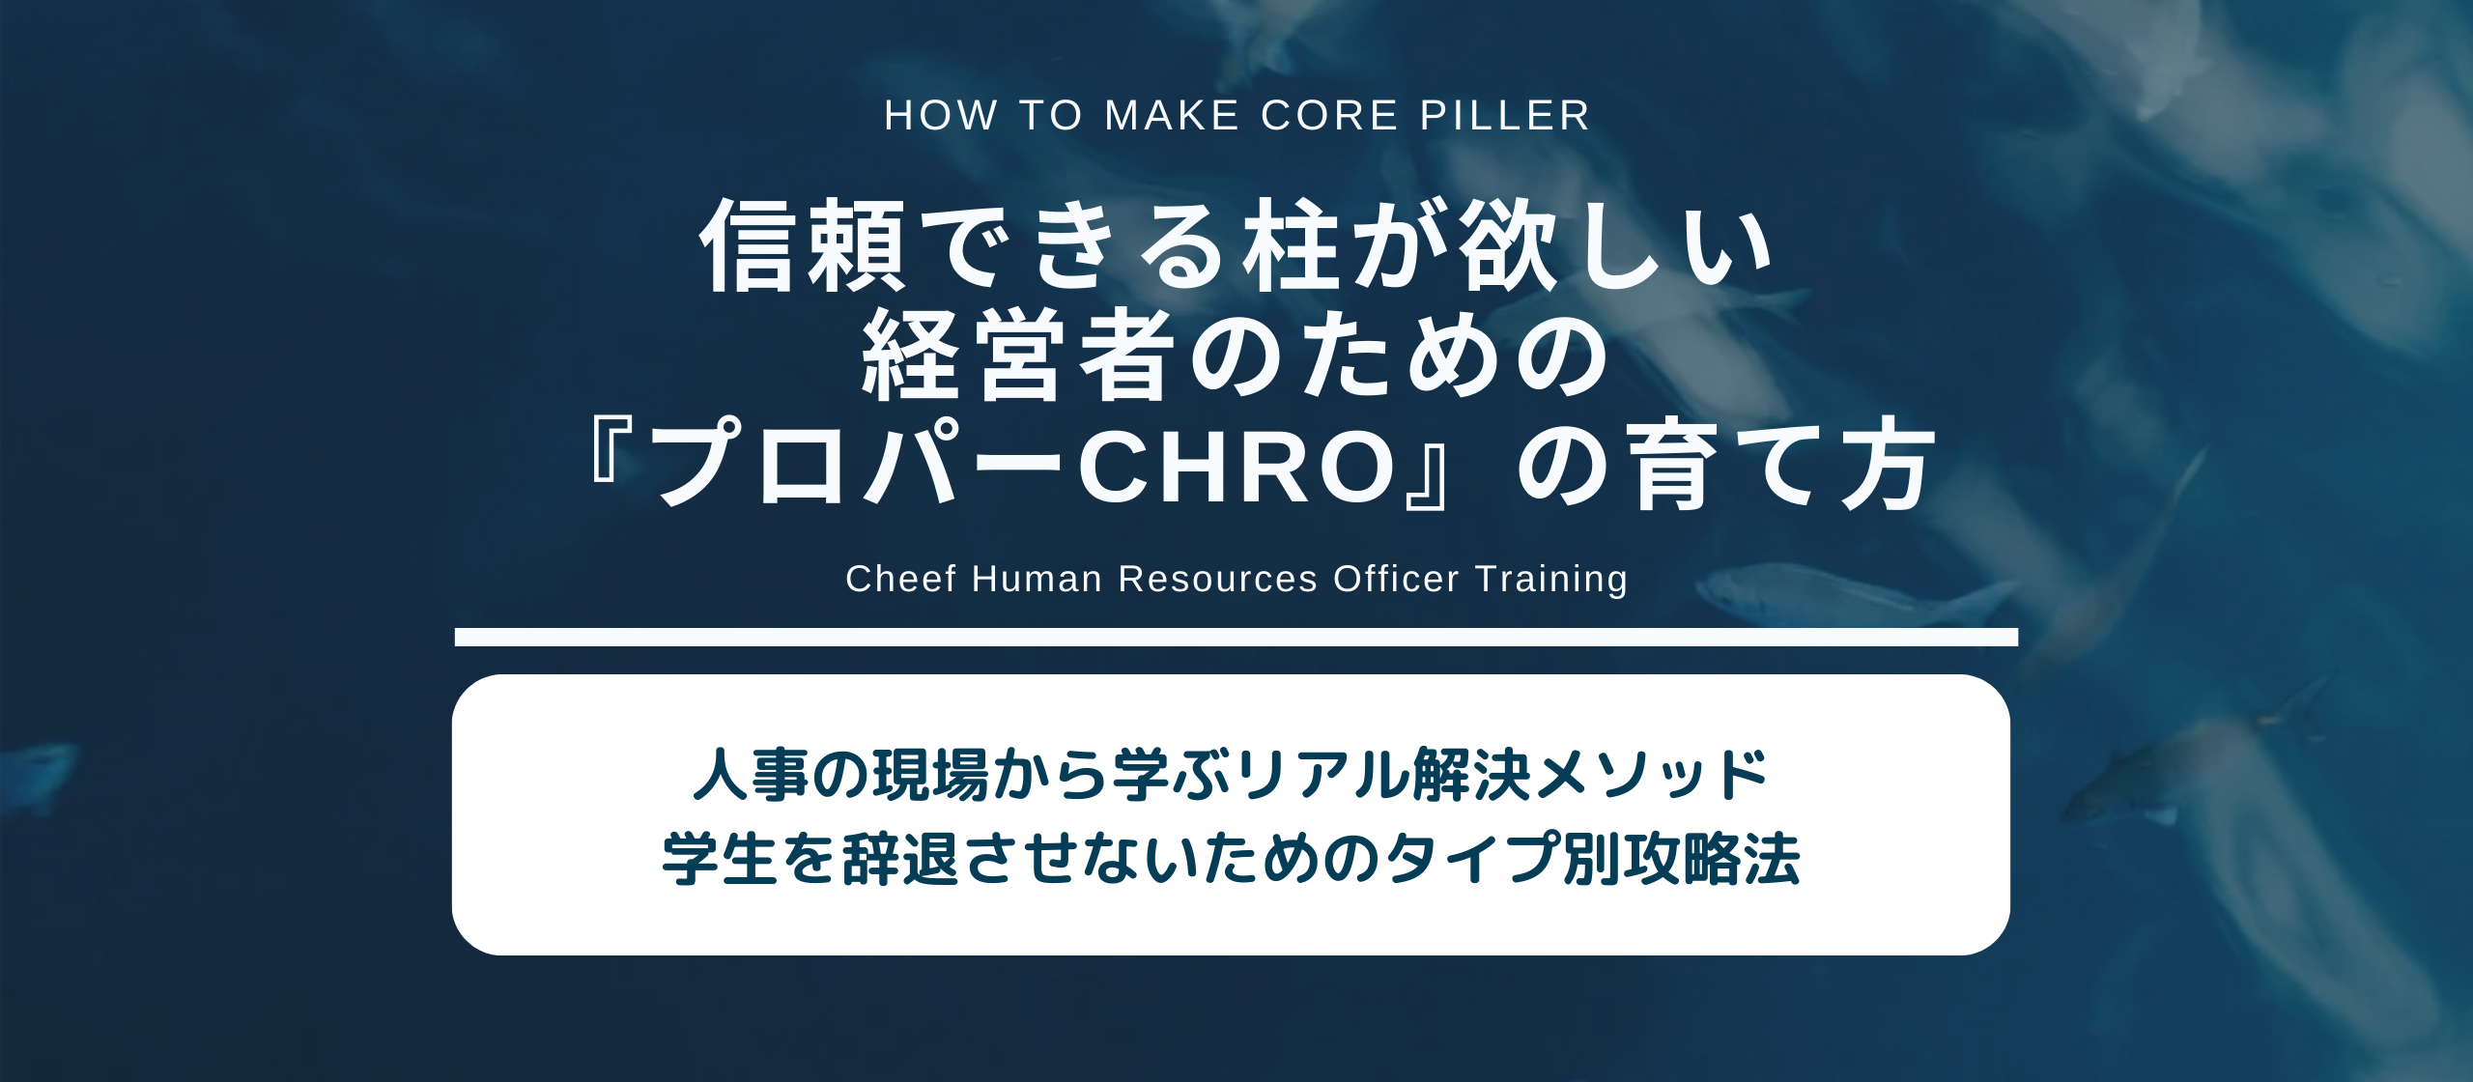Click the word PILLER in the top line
[1504, 116]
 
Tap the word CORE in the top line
[1330, 116]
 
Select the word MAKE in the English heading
[1172, 116]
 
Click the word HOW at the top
[941, 116]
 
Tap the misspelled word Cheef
[900, 579]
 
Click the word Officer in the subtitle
[1396, 579]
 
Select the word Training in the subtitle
[1551, 579]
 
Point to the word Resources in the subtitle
[1217, 579]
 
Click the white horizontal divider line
[1236, 637]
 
